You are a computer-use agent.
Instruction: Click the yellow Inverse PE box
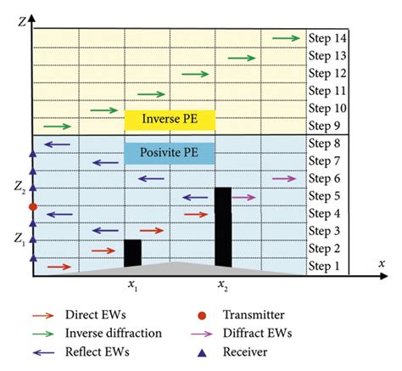pyautogui.click(x=170, y=118)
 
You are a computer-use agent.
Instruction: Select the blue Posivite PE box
pyautogui.click(x=170, y=153)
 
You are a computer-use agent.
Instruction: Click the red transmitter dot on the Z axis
pyautogui.click(x=32, y=206)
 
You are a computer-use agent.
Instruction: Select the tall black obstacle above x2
pyautogui.click(x=222, y=229)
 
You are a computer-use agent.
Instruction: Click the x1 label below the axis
pyautogui.click(x=133, y=284)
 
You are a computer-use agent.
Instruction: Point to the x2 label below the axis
pyautogui.click(x=222, y=284)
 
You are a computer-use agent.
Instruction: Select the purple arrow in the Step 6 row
pyautogui.click(x=286, y=178)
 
